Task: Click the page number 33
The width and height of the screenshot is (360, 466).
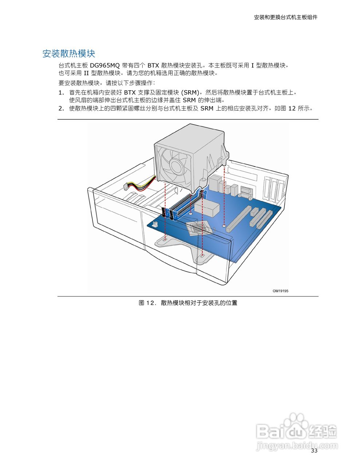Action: (x=314, y=451)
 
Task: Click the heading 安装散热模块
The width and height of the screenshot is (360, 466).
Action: (x=69, y=54)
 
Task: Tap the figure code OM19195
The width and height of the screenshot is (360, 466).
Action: (x=280, y=291)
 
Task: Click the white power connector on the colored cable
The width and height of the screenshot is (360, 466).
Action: (x=127, y=187)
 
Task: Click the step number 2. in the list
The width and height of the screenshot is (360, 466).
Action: (x=62, y=108)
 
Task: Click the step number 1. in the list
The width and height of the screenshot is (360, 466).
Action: (x=62, y=92)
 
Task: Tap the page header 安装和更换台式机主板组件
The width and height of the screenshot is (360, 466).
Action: (x=286, y=17)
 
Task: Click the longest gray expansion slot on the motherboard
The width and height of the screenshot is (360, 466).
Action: (x=239, y=218)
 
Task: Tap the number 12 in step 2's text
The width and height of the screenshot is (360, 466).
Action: (x=292, y=108)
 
